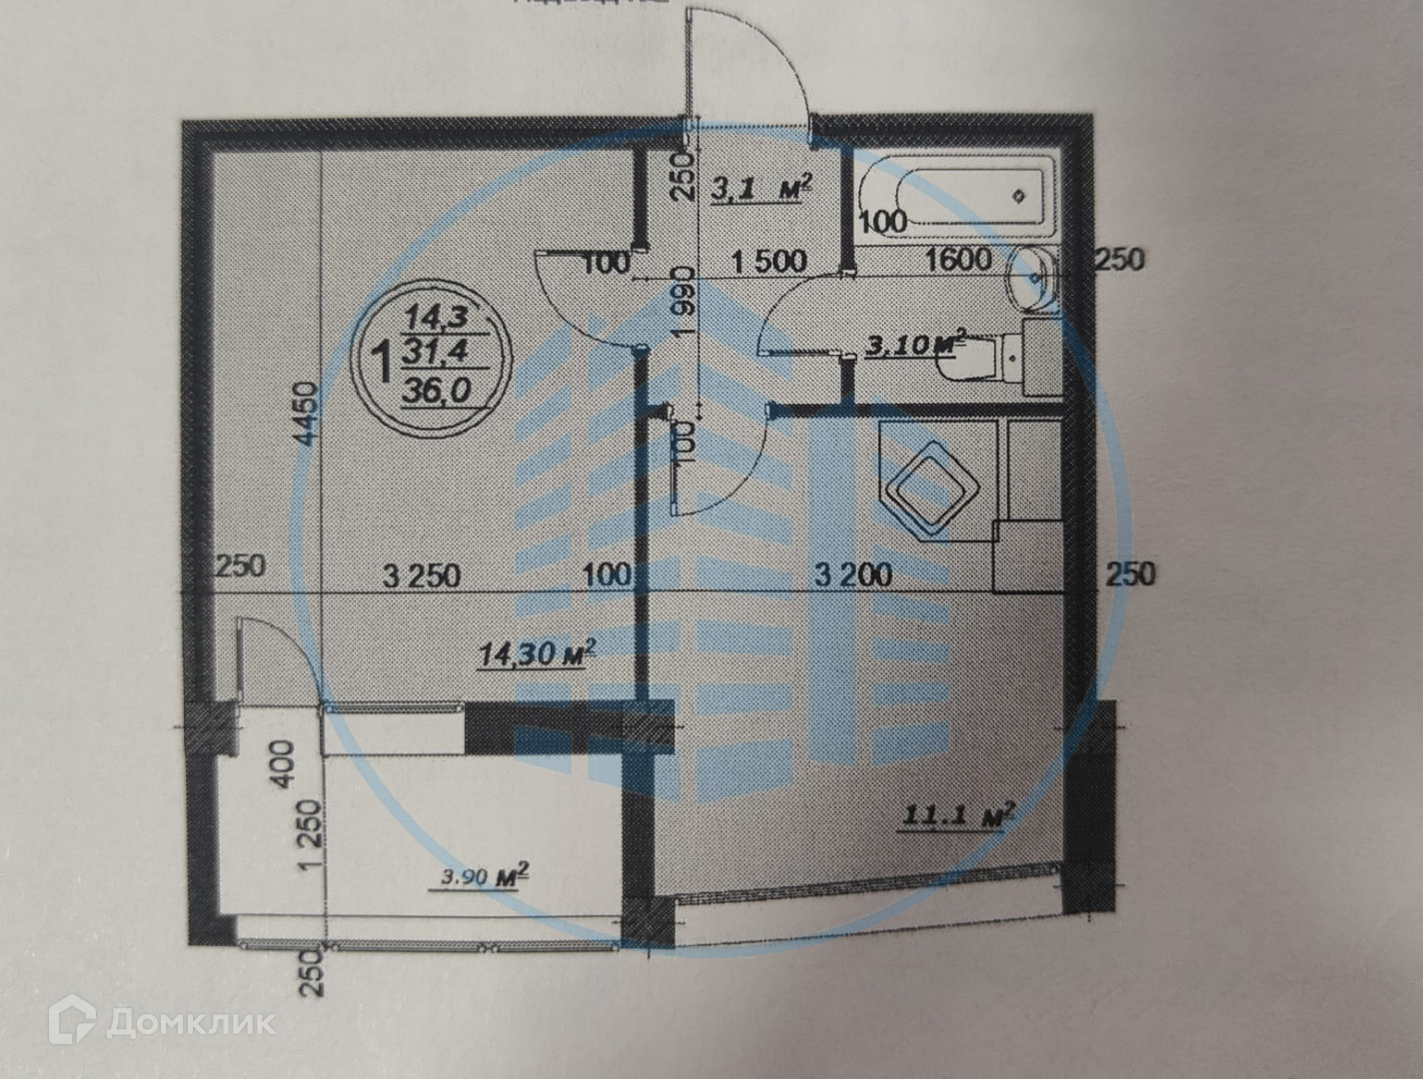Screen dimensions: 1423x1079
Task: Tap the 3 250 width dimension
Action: [x=422, y=575]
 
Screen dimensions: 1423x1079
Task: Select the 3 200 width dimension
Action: [x=852, y=574]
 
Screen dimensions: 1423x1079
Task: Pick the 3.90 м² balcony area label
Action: [x=485, y=878]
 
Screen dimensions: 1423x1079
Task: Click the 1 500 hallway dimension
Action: [x=768, y=262]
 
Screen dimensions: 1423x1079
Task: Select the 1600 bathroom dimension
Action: [x=957, y=260]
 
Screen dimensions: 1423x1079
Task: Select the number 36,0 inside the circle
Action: [x=435, y=392]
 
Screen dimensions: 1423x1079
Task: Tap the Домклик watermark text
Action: [x=190, y=1022]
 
